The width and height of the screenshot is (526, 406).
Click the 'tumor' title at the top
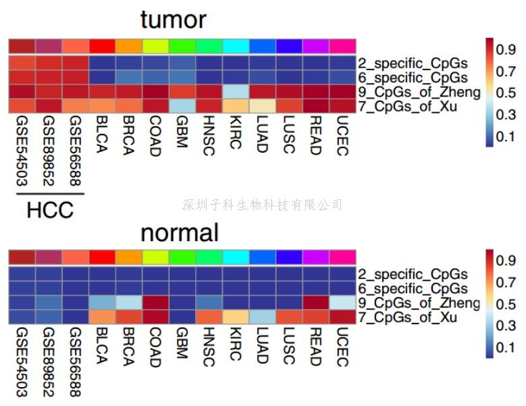click(x=173, y=20)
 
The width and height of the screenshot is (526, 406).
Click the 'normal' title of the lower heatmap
click(x=180, y=232)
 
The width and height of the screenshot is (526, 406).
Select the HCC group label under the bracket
click(x=50, y=210)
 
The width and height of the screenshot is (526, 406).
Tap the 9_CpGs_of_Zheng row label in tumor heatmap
click(x=420, y=92)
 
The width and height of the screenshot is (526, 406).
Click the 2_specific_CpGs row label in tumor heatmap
click(x=413, y=64)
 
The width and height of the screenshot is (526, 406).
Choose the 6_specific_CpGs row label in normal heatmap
click(x=413, y=288)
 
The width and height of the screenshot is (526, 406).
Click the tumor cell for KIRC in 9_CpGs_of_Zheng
click(x=235, y=92)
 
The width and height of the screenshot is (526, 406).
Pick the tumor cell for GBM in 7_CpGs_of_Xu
click(x=182, y=106)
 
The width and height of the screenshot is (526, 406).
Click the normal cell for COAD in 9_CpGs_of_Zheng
click(x=155, y=303)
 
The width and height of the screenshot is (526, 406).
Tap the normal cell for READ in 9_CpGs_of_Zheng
click(x=315, y=303)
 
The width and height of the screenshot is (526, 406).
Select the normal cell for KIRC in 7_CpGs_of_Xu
click(x=235, y=317)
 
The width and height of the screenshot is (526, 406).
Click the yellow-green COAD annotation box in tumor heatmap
click(x=155, y=46)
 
